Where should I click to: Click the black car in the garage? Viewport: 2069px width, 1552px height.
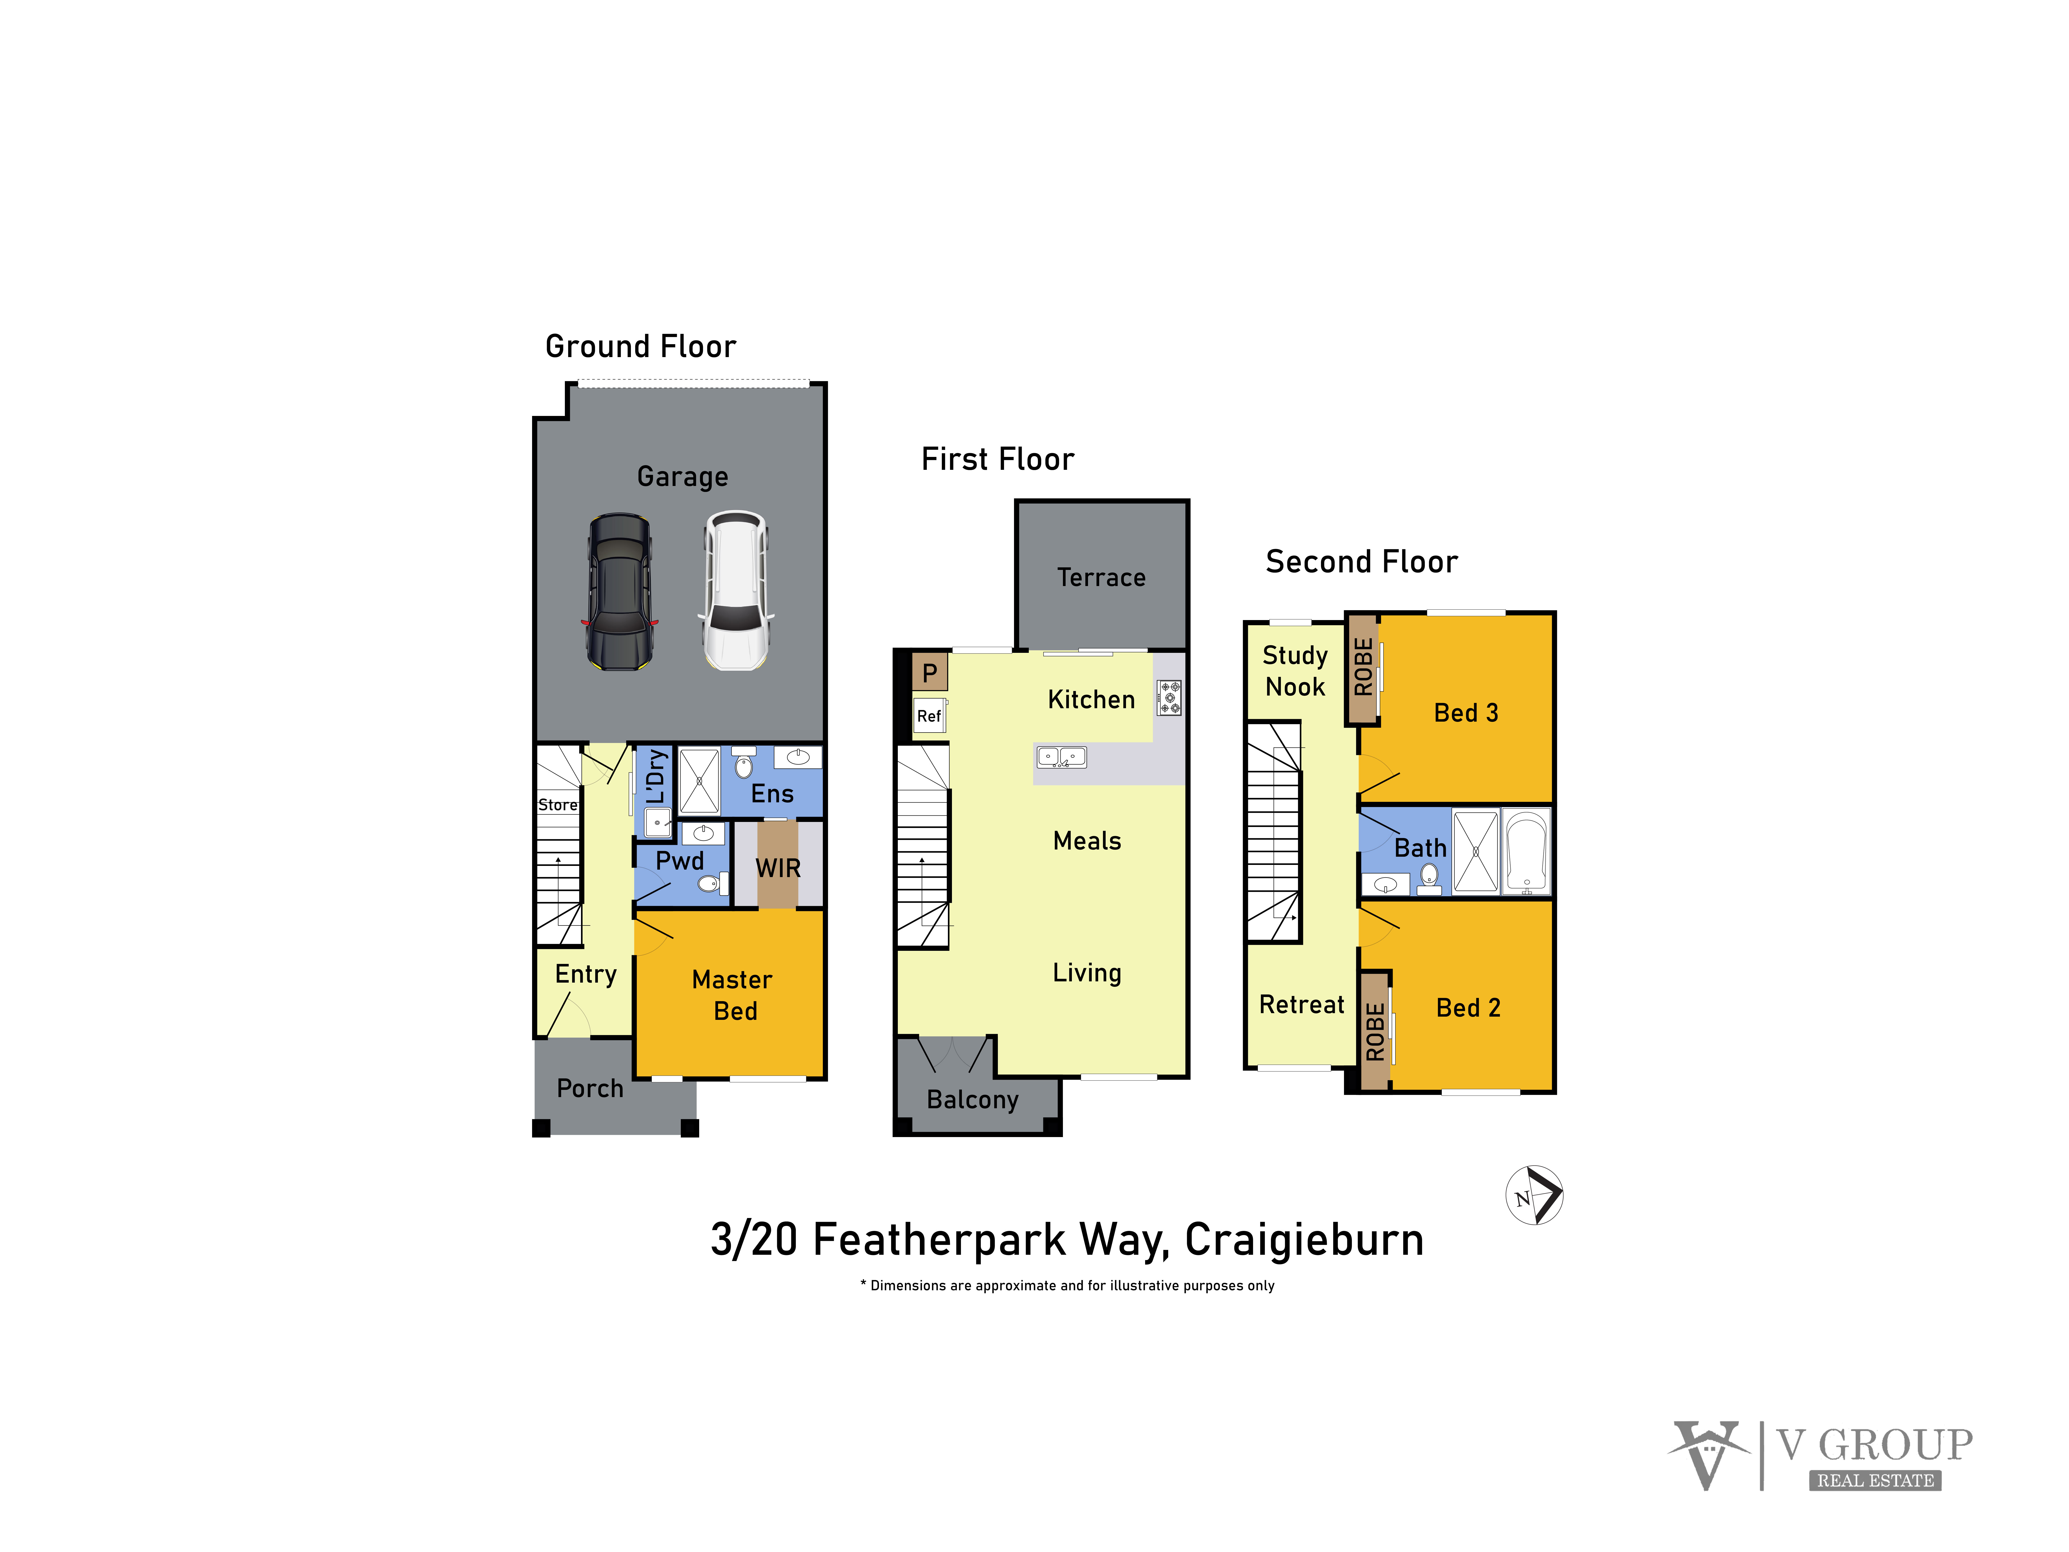[x=619, y=591]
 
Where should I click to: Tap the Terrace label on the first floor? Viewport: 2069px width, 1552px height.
[x=1101, y=577]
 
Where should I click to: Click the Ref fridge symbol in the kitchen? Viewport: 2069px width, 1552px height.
[x=929, y=716]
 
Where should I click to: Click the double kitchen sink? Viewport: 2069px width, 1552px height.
[x=1061, y=756]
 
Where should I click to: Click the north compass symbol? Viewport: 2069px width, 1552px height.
[x=1534, y=1195]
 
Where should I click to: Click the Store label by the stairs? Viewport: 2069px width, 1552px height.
[x=557, y=805]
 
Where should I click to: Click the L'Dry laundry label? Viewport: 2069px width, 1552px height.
[x=657, y=776]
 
